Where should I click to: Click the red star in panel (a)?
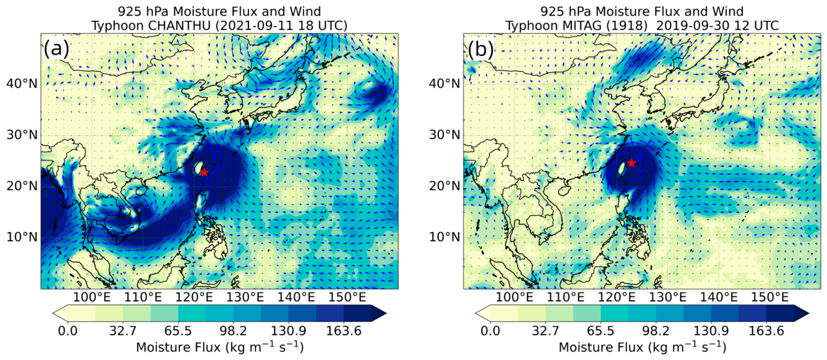point(204,172)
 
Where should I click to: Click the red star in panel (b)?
point(632,163)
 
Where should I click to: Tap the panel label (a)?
point(57,48)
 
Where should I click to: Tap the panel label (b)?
point(479,48)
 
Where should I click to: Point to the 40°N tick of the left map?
point(22,84)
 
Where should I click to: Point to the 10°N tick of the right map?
point(445,236)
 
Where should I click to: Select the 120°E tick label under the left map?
point(194,297)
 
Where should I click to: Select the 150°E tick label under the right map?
point(770,297)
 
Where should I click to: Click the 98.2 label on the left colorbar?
point(233,331)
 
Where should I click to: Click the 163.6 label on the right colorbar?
point(766,331)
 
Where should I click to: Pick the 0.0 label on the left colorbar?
point(68,331)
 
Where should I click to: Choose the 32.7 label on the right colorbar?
point(546,331)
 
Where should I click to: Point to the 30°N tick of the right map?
point(445,135)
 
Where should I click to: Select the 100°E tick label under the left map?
point(91,297)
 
